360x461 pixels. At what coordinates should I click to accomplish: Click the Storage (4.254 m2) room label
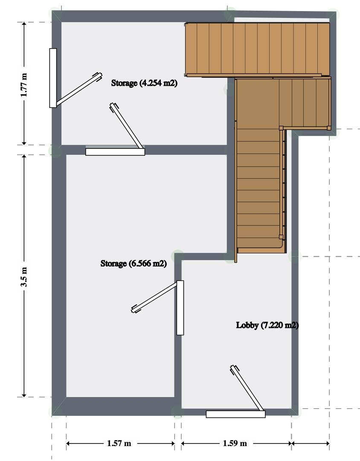point(144,83)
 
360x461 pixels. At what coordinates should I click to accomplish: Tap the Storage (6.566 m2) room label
point(134,264)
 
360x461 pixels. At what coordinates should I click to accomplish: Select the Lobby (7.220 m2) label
point(267,325)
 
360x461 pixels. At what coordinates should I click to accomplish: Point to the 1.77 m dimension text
point(24,85)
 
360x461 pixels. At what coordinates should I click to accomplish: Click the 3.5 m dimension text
point(24,277)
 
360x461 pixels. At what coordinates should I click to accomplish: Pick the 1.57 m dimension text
point(119,444)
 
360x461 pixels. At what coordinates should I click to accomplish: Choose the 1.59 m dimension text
point(235,444)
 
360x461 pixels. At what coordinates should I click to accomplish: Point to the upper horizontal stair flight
point(257,49)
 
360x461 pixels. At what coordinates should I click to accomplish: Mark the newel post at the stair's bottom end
point(281,237)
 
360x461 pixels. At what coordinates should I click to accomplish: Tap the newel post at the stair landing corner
point(281,128)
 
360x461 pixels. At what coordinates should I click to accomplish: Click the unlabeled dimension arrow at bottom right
point(310,444)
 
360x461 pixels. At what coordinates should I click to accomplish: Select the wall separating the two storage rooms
point(144,150)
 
